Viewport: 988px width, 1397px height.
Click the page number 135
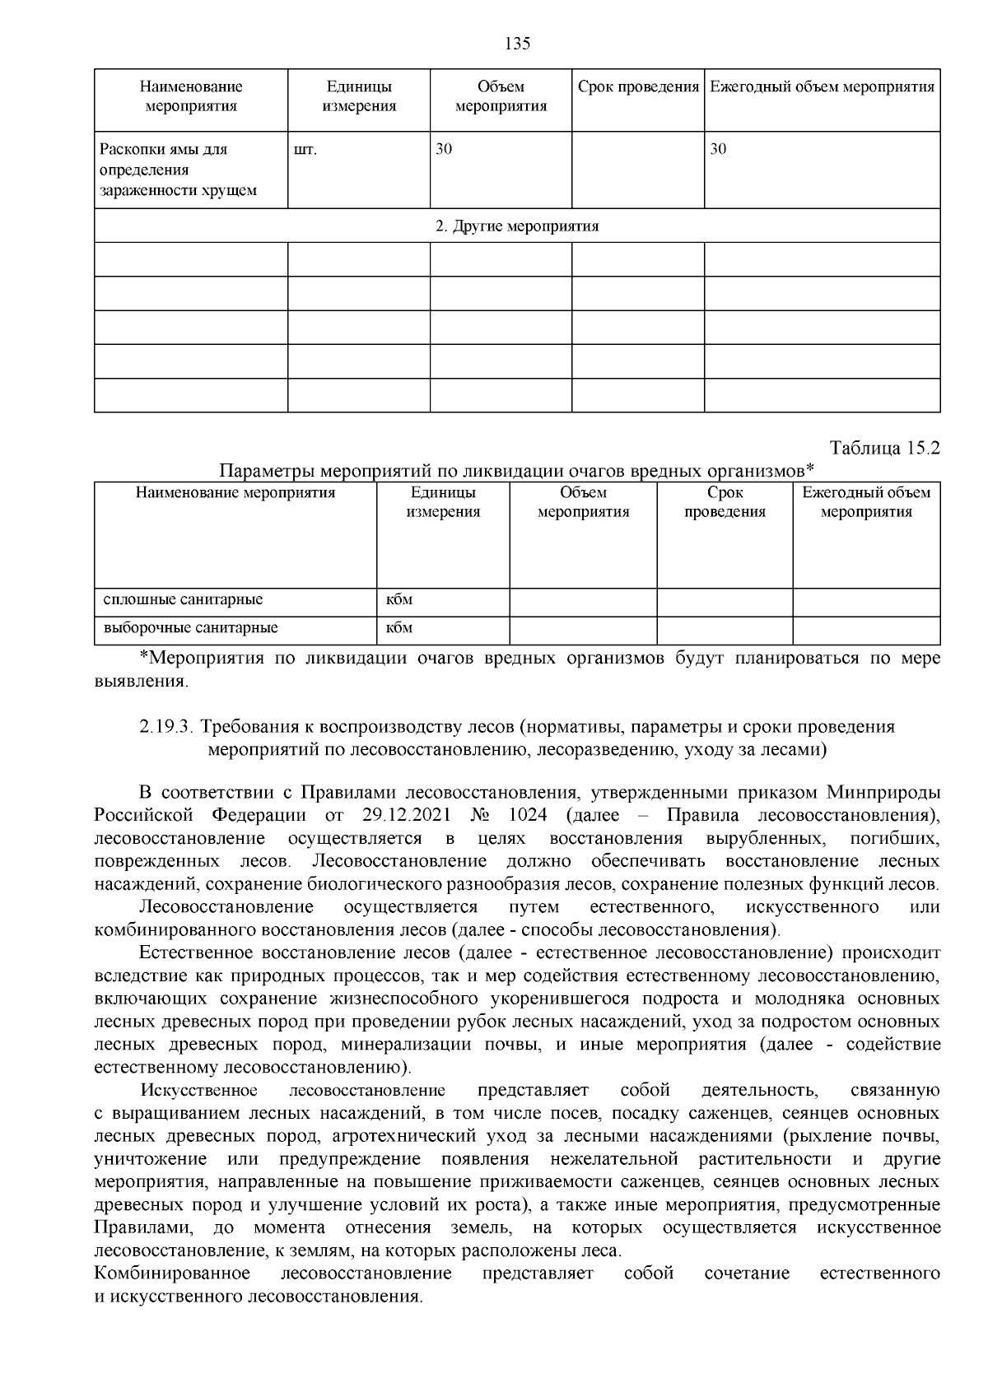click(517, 44)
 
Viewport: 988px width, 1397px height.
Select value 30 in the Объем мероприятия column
click(444, 150)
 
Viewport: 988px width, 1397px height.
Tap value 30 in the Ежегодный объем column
click(718, 150)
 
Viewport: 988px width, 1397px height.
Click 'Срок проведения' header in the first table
click(638, 87)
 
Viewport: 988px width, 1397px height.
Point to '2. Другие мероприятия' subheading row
click(517, 226)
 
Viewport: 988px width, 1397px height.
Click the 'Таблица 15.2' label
click(885, 449)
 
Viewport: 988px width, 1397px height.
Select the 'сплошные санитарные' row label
click(183, 599)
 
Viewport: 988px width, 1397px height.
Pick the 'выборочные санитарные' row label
click(190, 628)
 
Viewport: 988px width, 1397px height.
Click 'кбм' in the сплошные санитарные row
click(399, 599)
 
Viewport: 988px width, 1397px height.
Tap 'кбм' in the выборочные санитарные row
click(399, 628)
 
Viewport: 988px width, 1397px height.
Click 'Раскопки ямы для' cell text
click(163, 150)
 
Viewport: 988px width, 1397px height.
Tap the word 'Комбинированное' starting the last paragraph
click(172, 1274)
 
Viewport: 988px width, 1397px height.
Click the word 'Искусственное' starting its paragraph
click(198, 1091)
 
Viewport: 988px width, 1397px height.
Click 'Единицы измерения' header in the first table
click(359, 96)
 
